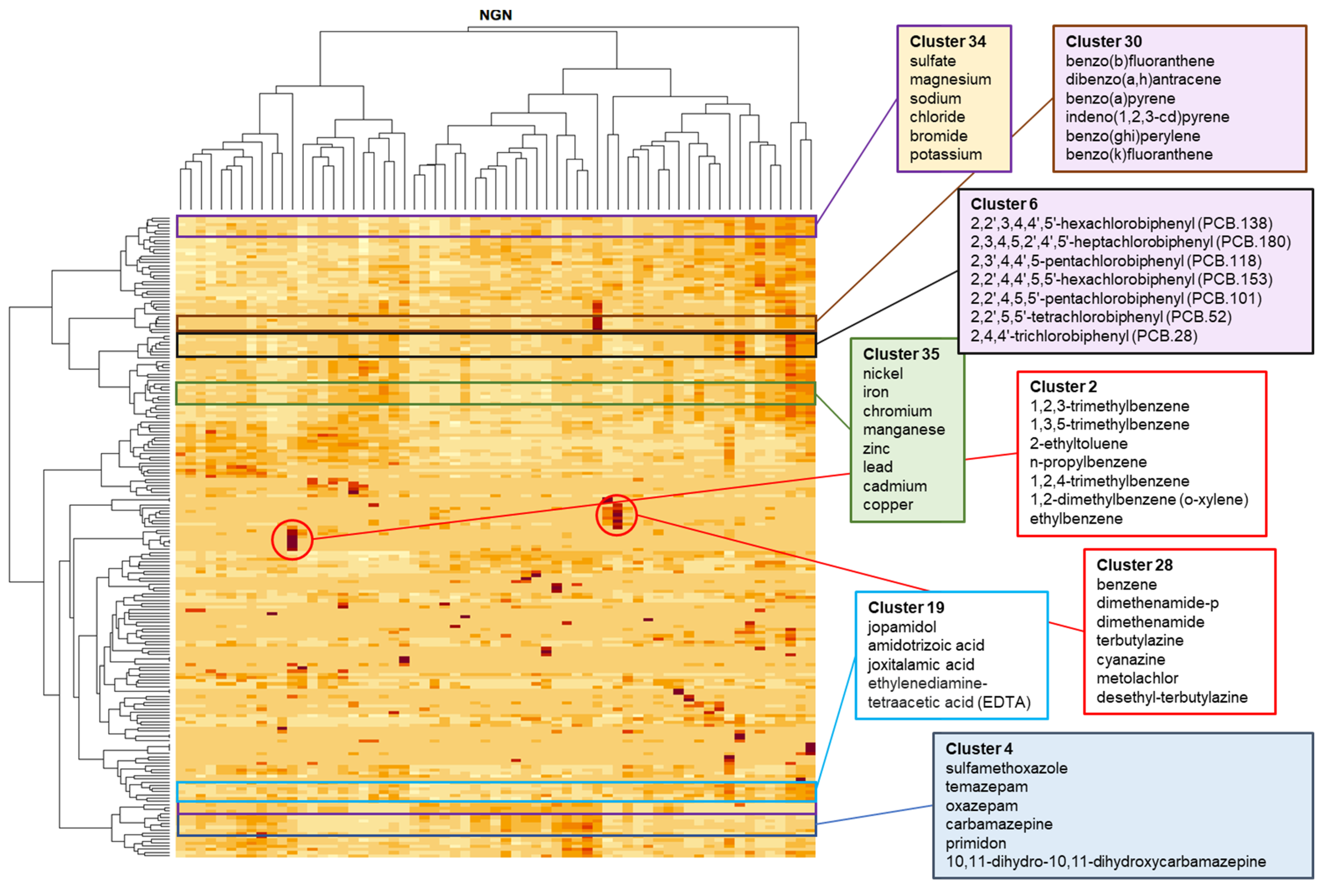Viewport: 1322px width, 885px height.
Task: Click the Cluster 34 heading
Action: coord(948,42)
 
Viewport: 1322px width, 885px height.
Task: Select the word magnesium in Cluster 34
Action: coord(950,80)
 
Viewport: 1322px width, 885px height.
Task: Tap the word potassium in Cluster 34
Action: coord(945,155)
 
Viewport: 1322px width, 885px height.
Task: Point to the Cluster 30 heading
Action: coord(1103,42)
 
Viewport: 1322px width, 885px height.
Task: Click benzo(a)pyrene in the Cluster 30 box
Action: coord(1120,99)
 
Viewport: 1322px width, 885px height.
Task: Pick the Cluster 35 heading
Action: coord(901,354)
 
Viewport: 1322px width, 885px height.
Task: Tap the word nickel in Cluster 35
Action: coord(883,374)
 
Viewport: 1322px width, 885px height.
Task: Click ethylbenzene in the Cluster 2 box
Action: coord(1076,519)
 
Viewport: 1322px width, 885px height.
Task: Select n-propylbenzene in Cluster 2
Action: coord(1088,462)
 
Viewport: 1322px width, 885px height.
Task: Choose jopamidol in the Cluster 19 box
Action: coord(902,627)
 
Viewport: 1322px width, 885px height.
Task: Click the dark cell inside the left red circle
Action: coord(292,540)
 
